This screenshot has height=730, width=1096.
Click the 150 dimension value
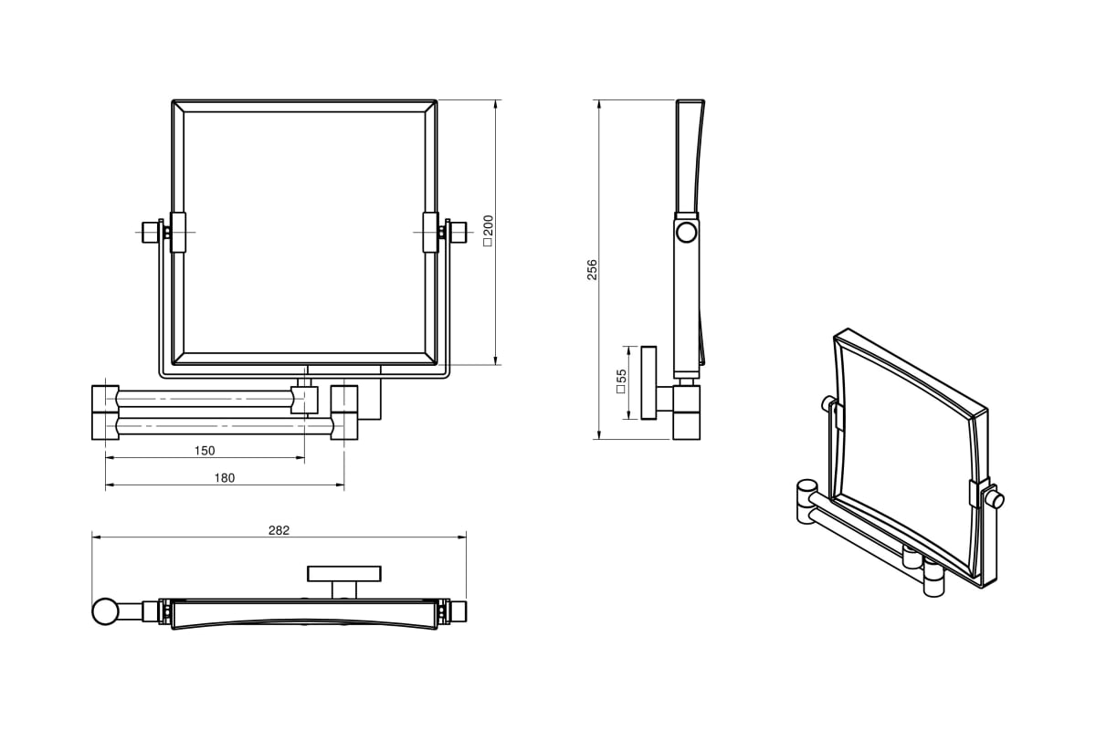pyautogui.click(x=205, y=451)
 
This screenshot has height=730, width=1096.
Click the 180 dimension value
pyautogui.click(x=225, y=477)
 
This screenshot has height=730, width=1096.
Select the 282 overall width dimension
pyautogui.click(x=279, y=530)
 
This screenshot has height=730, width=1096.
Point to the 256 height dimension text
pyautogui.click(x=592, y=269)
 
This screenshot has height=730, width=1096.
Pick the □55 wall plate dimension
pyautogui.click(x=621, y=381)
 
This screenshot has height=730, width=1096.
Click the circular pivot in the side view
pyautogui.click(x=686, y=233)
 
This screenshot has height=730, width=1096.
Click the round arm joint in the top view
pyautogui.click(x=105, y=610)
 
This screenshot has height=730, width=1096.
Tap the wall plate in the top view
pyautogui.click(x=343, y=573)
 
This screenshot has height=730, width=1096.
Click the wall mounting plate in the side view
pyautogui.click(x=649, y=382)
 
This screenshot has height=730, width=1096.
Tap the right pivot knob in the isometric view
pyautogui.click(x=996, y=499)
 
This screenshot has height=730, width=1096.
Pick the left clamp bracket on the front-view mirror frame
pyautogui.click(x=177, y=231)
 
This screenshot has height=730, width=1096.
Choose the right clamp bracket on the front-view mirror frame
pyautogui.click(x=430, y=231)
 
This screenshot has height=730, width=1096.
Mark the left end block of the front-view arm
pyautogui.click(x=105, y=412)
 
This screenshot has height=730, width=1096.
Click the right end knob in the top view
pyautogui.click(x=458, y=610)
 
